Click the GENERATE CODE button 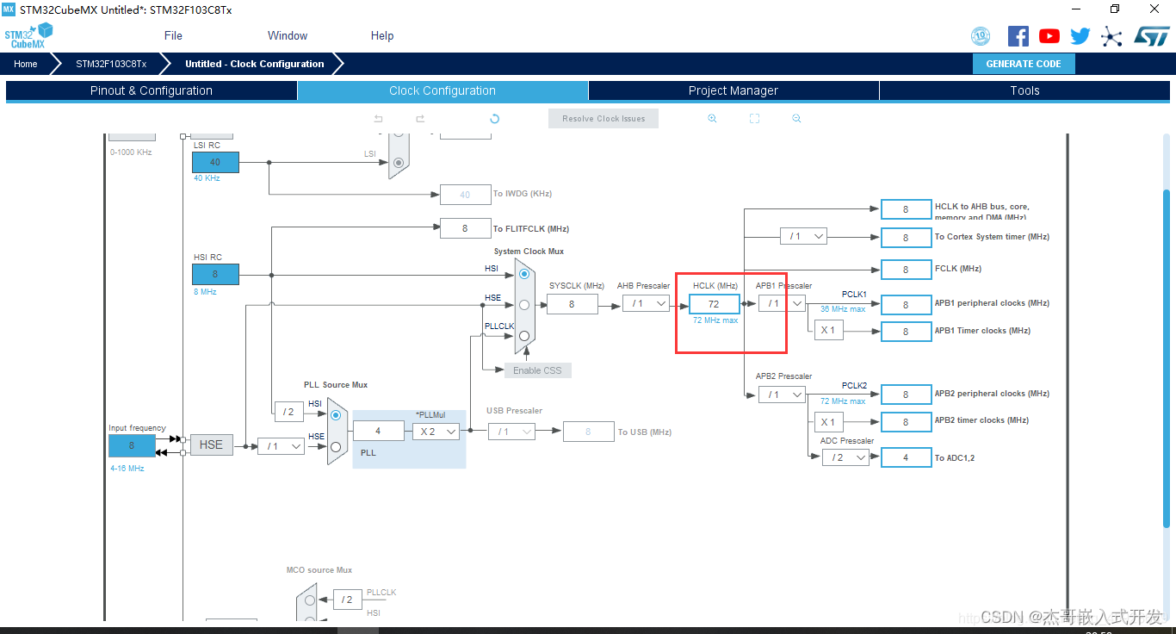1024,64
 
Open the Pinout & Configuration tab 152,90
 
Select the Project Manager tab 733,90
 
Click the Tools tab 1024,90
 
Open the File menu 173,35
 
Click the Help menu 382,35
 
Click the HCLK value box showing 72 714,304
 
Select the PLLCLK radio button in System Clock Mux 524,336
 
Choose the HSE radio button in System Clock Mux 524,304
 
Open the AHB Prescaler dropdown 646,303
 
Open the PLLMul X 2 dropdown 436,432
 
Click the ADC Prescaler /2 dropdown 845,457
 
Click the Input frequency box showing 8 132,446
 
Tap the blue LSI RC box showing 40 215,162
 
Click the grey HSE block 211,444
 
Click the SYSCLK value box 572,304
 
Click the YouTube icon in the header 1049,36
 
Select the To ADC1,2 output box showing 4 906,457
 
